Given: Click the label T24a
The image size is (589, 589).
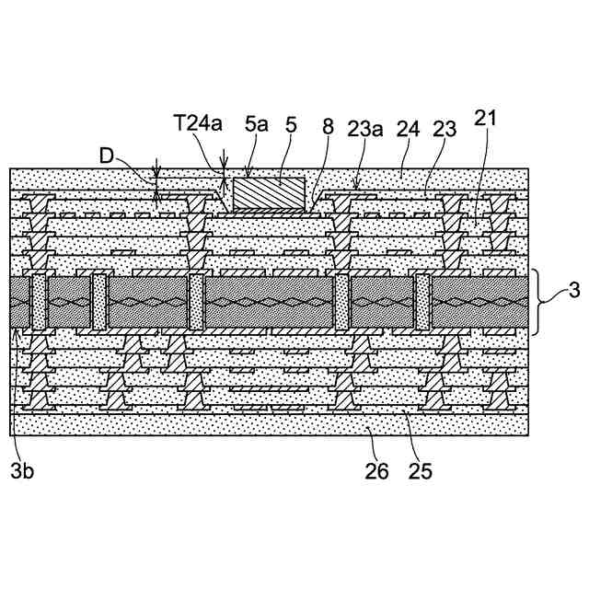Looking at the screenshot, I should (x=198, y=123).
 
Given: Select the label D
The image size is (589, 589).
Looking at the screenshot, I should (x=108, y=156).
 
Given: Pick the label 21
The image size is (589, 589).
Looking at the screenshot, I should (x=486, y=118).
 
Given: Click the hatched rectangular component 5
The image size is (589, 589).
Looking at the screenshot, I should (x=269, y=193).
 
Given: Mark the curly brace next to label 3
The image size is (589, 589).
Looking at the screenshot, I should (x=545, y=300).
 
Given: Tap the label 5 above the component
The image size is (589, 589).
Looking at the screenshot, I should (x=291, y=123).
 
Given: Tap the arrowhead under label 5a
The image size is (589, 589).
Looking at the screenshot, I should (x=248, y=173).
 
